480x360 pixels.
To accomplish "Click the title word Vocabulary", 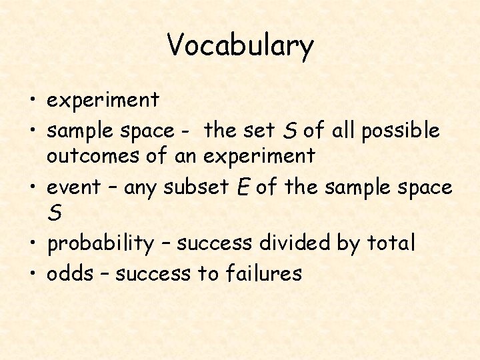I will (x=240, y=45).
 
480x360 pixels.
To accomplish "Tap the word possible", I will (x=400, y=131).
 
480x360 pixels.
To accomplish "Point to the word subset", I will (x=194, y=188).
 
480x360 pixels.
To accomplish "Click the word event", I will (x=73, y=188).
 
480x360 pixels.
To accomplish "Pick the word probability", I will (x=100, y=243).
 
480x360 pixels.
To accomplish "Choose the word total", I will (x=391, y=243).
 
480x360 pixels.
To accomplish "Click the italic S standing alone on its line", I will (x=55, y=214).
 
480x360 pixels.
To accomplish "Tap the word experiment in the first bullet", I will (x=103, y=101).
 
